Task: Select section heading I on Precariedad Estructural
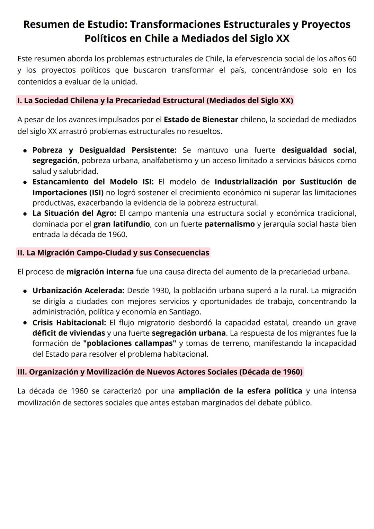click(155, 101)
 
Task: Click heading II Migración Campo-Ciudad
click(113, 253)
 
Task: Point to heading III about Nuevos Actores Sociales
click(160, 372)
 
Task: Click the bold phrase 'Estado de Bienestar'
click(201, 120)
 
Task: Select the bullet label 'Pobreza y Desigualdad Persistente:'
click(104, 150)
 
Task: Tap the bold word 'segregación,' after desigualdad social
click(55, 161)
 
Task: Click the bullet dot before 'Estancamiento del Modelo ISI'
click(25, 182)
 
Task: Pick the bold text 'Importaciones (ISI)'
click(68, 192)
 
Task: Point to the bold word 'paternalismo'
click(230, 224)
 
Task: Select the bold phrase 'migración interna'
click(100, 272)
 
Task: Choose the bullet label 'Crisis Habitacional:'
click(69, 323)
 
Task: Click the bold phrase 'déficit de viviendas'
click(69, 333)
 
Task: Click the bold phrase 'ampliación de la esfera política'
click(240, 391)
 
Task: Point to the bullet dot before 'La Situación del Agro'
click(25, 214)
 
